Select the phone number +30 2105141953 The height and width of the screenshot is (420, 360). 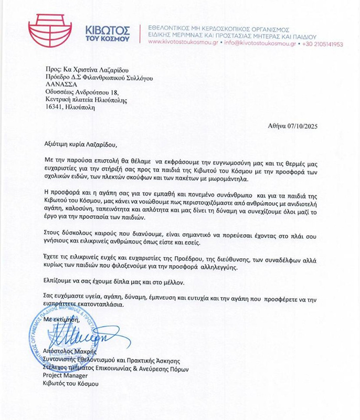pyautogui.click(x=321, y=45)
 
